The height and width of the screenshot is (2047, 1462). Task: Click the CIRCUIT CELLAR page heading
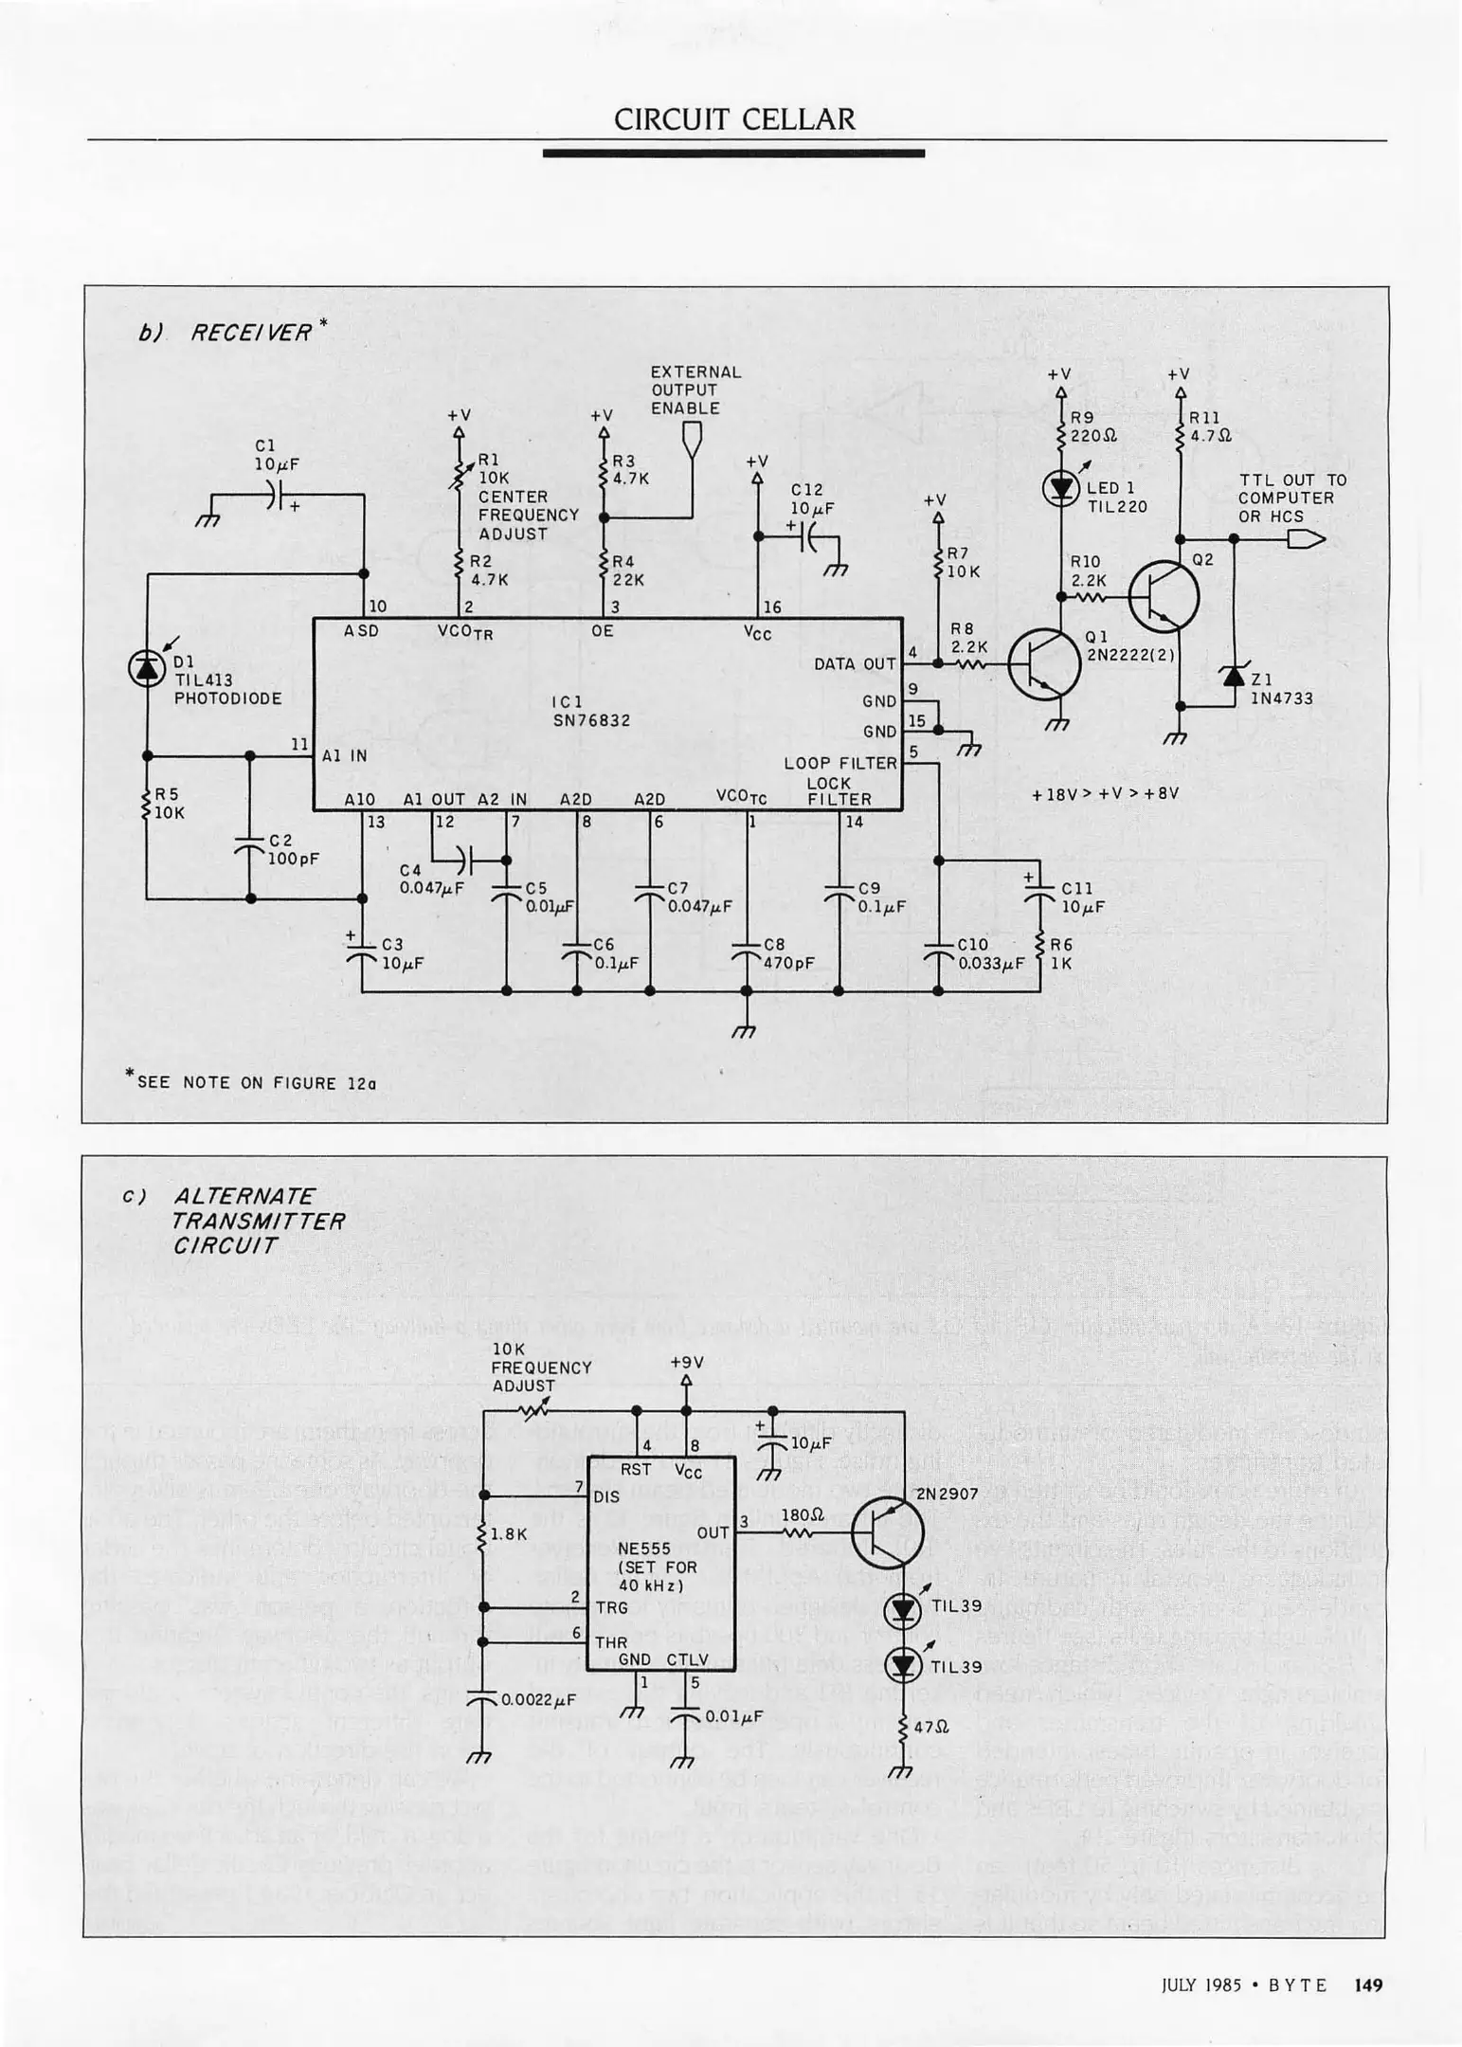tap(734, 119)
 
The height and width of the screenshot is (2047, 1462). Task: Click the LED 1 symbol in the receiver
tap(1060, 488)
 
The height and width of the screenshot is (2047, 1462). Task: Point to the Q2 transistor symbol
tap(1164, 597)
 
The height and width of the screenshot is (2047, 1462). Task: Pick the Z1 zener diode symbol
tap(1233, 676)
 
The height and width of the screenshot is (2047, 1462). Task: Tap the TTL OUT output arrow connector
tap(1306, 539)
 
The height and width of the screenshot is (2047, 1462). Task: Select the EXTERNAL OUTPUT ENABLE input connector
tap(693, 436)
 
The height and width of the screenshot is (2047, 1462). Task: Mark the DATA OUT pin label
tap(854, 664)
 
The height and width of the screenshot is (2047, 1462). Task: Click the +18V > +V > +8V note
tap(1105, 793)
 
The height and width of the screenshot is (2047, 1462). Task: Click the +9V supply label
tap(687, 1363)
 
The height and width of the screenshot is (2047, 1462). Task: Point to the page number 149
tap(1368, 1984)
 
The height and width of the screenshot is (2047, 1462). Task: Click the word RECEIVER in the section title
tap(251, 333)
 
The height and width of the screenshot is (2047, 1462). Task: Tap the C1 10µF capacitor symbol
tap(272, 494)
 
